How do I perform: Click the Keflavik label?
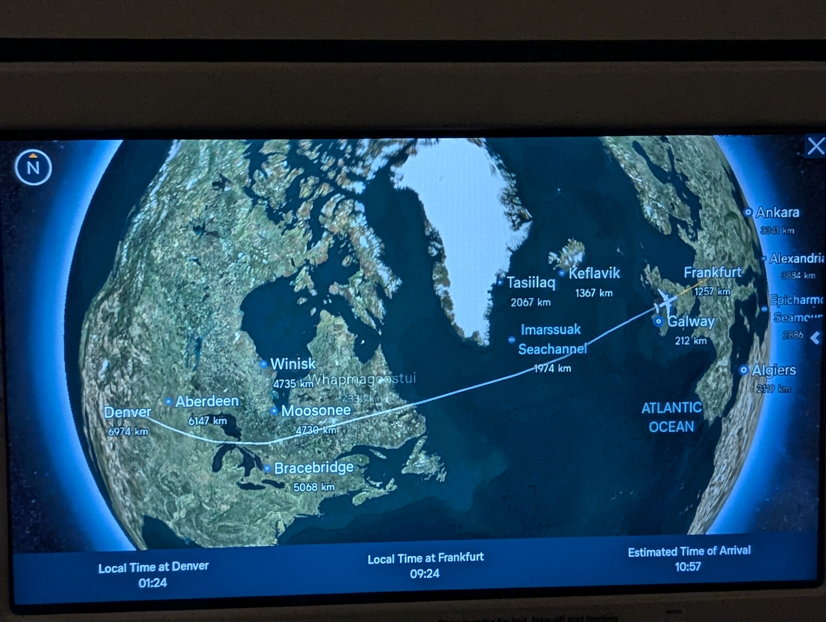tap(594, 273)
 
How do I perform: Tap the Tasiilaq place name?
tap(531, 283)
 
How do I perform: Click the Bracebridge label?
tap(314, 468)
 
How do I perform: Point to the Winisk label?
tap(293, 364)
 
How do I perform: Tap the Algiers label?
tap(773, 370)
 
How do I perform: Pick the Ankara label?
tap(777, 212)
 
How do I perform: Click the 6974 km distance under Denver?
tap(128, 432)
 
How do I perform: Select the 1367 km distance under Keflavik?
tap(594, 293)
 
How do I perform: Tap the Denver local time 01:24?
tap(152, 583)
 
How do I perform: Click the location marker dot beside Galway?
tap(658, 321)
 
